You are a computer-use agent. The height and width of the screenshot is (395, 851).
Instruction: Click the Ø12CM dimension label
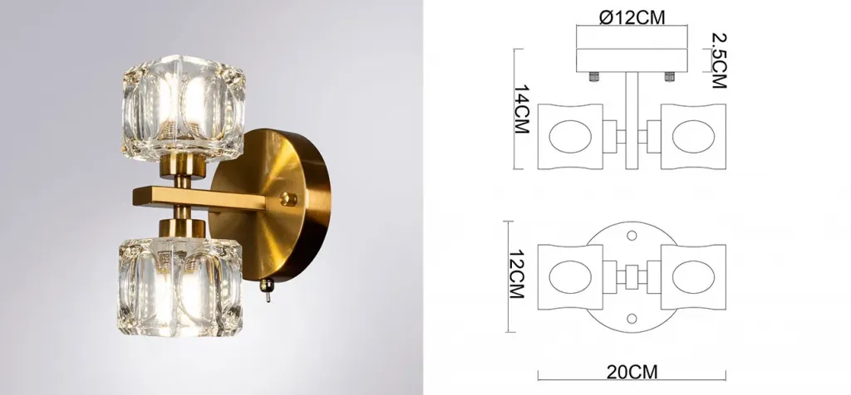pos(632,17)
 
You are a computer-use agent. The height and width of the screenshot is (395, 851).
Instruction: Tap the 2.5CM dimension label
pos(719,61)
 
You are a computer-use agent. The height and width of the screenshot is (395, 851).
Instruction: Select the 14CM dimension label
pos(522,109)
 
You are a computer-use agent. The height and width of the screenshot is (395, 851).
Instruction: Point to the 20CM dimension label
pos(632,373)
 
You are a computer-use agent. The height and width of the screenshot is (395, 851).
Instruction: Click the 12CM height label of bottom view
pos(516,274)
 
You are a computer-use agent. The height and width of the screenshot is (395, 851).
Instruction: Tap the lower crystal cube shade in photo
pos(180,285)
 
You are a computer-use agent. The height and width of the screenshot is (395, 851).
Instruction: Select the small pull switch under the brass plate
pos(265,290)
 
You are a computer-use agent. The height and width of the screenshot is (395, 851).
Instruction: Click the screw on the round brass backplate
pos(288,199)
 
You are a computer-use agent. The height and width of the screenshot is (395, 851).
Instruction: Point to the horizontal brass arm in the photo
pos(199,199)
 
